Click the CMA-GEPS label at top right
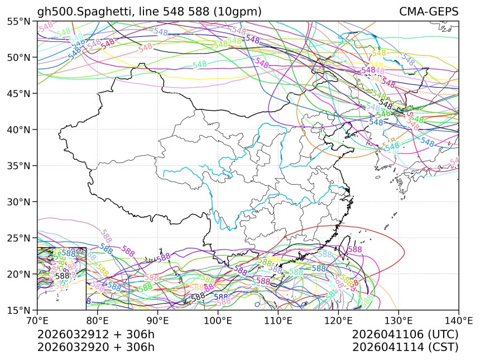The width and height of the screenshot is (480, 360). tap(429, 12)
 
